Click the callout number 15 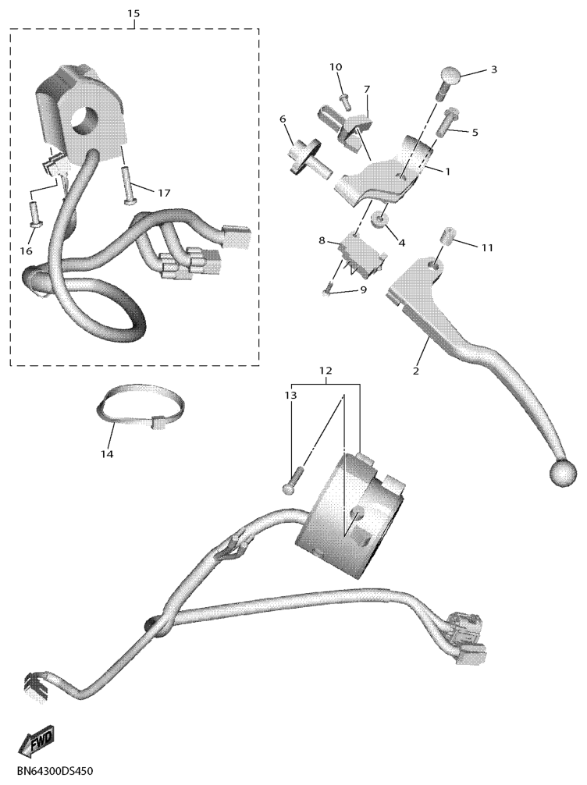(133, 13)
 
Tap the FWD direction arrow (37, 742)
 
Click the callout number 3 (494, 69)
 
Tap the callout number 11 (487, 248)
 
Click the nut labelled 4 (379, 218)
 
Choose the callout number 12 (326, 371)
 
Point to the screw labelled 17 (128, 186)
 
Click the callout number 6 (283, 119)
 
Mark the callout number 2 (416, 371)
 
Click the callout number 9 (363, 289)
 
